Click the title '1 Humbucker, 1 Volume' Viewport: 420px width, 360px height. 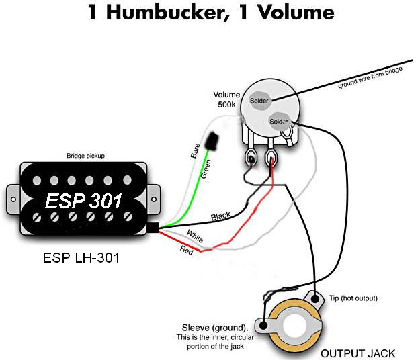(x=210, y=14)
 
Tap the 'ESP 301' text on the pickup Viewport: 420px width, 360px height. (x=85, y=200)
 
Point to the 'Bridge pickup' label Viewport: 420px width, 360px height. (x=85, y=155)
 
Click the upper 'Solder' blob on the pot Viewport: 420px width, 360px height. (x=259, y=101)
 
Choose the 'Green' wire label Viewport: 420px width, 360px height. (x=207, y=169)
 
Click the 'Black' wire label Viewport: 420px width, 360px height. (x=220, y=216)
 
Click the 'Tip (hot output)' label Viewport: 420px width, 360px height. (x=352, y=298)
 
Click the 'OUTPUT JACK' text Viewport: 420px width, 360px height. (x=358, y=353)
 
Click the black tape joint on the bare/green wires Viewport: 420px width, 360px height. (x=214, y=139)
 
